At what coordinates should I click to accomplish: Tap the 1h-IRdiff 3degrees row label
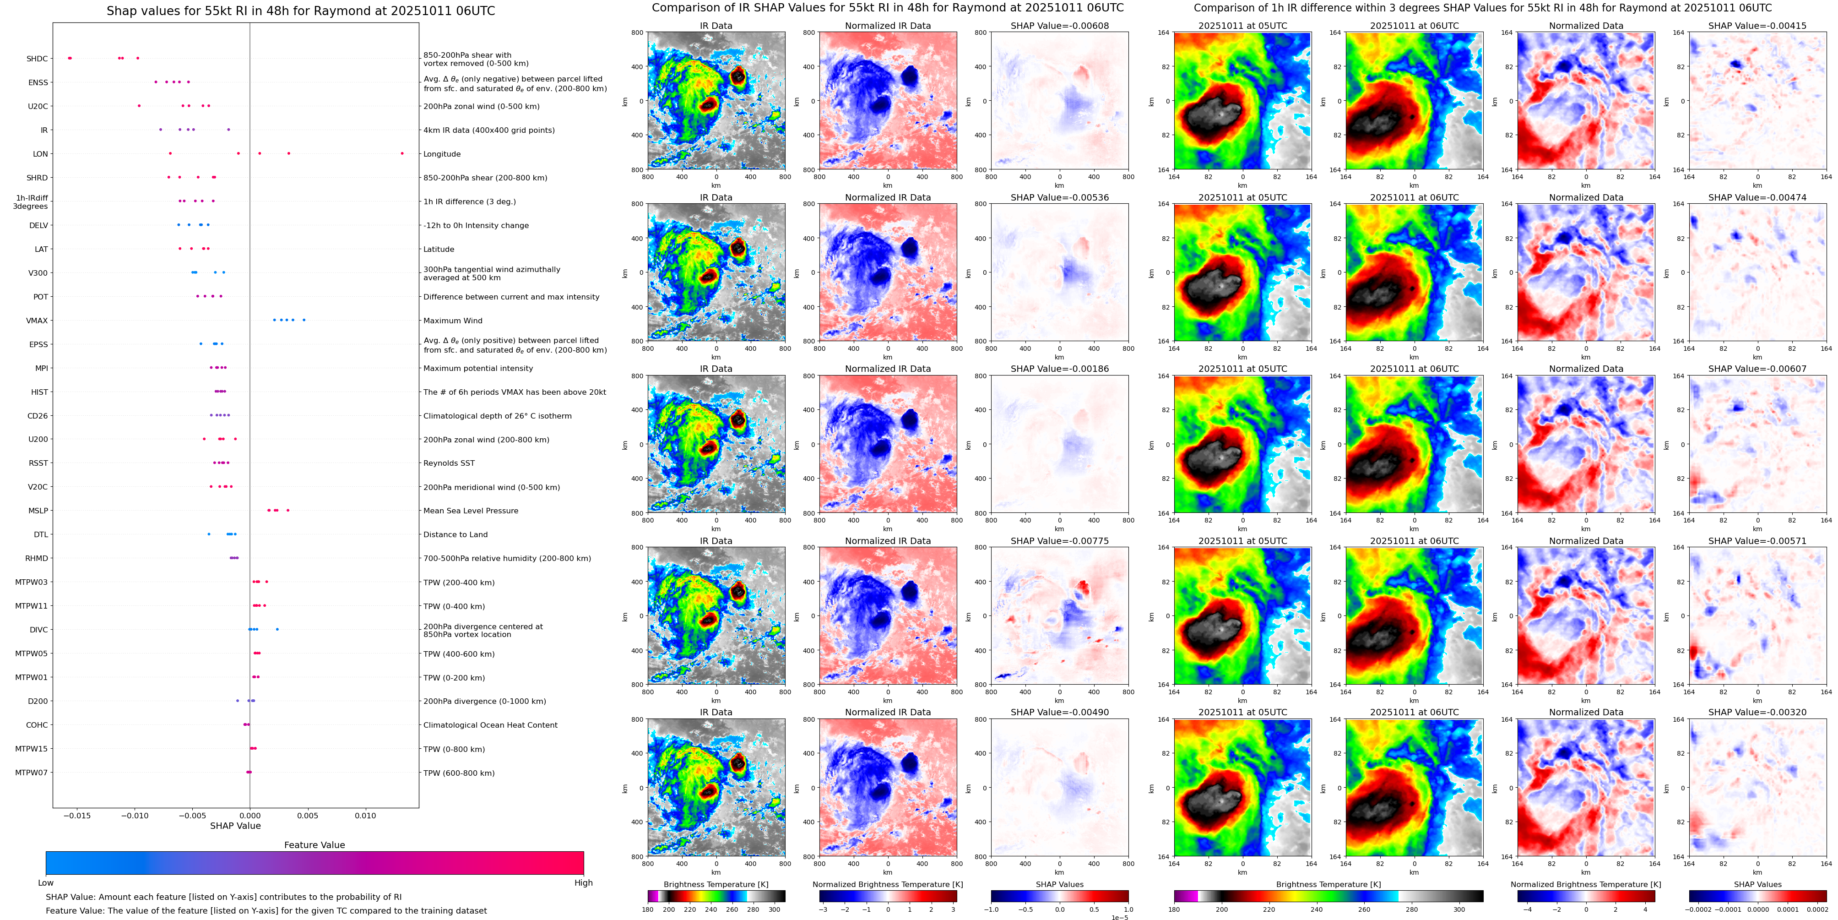click(31, 202)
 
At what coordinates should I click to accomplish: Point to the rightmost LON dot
click(402, 153)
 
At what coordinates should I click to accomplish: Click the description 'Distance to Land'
click(455, 534)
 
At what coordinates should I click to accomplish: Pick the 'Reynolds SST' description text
click(448, 463)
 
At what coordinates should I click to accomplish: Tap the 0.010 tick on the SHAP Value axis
click(365, 815)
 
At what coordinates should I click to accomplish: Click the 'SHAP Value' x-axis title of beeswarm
click(235, 826)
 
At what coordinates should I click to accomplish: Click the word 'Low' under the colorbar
click(46, 883)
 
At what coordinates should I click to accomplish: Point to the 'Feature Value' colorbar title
click(314, 845)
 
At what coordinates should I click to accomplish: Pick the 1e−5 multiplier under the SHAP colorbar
click(1119, 917)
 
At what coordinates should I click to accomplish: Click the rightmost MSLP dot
click(287, 510)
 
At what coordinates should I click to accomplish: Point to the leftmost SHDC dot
click(69, 58)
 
